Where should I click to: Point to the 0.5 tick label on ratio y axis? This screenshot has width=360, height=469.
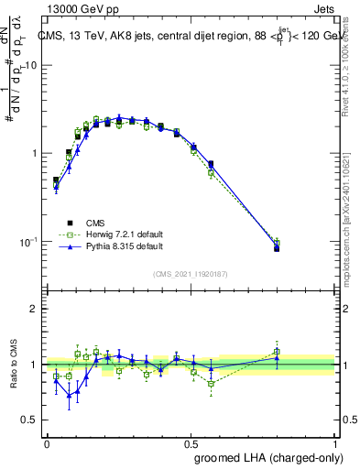click(30, 420)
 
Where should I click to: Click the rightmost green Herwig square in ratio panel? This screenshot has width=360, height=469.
click(277, 351)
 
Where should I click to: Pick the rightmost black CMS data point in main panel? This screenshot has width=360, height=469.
click(277, 248)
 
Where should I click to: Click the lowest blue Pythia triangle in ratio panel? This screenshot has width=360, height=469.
click(68, 396)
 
